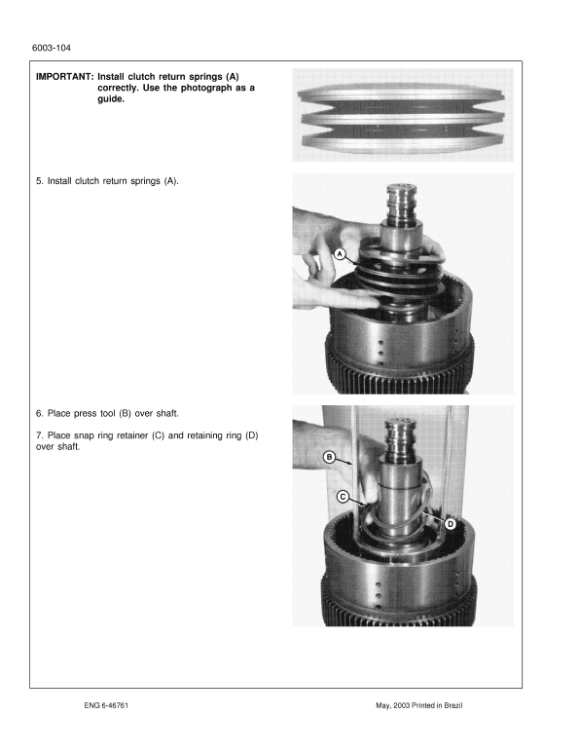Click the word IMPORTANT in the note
[64, 76]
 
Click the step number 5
[38, 181]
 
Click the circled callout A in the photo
[341, 253]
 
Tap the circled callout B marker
[329, 456]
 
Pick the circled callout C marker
[343, 496]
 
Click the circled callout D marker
[451, 523]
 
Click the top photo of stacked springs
[402, 115]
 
